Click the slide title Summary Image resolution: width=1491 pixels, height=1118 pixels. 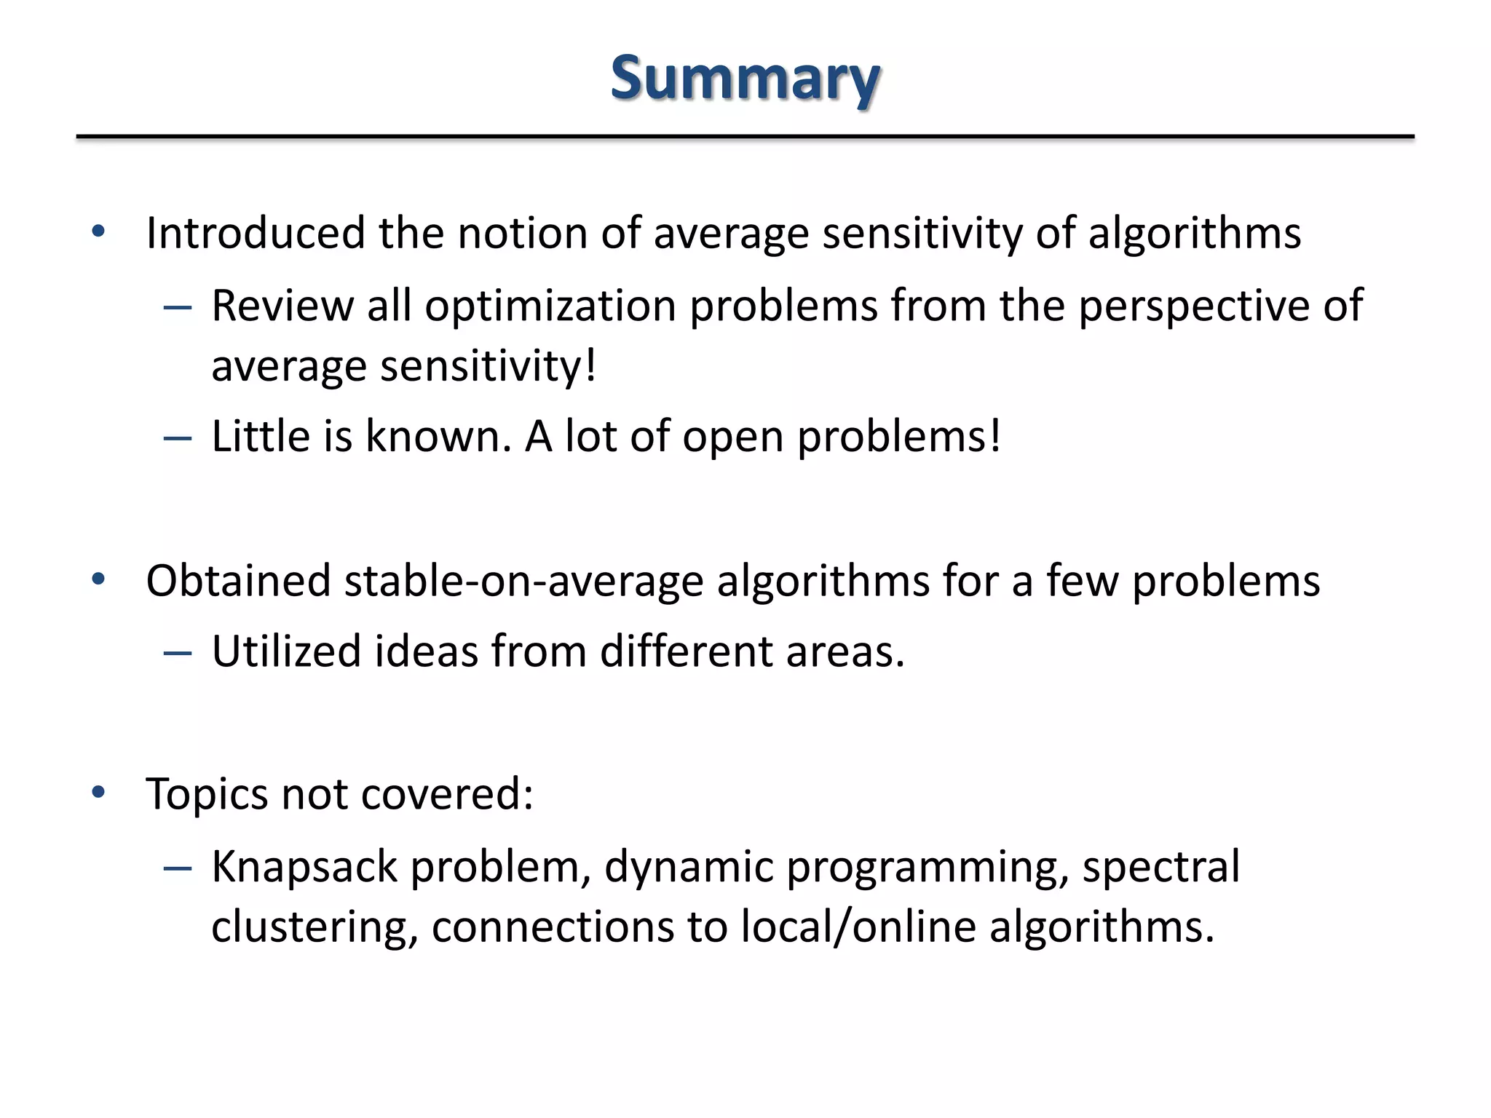coord(745,79)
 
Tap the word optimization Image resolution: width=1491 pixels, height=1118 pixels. coord(550,306)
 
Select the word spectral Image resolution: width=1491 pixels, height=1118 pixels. coord(1160,866)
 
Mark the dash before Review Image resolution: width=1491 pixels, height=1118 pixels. coord(178,308)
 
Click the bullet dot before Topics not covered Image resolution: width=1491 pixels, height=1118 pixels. coord(99,792)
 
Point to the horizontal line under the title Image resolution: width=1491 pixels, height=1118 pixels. coord(745,136)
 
